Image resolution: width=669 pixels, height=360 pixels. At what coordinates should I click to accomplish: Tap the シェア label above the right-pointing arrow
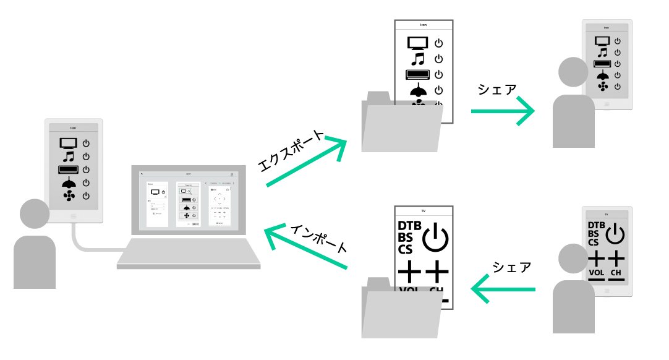point(496,89)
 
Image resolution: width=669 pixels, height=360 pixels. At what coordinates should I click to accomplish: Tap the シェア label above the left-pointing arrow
point(511,267)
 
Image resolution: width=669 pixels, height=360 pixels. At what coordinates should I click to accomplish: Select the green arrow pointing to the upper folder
point(307,161)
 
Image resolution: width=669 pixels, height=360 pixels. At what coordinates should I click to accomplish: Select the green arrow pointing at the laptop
point(305,248)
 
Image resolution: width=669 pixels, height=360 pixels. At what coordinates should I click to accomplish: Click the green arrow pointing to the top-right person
point(502,111)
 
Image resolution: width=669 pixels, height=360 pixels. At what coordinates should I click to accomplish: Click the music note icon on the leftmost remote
point(68,156)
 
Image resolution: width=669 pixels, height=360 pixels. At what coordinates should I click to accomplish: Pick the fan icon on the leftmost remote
point(68,196)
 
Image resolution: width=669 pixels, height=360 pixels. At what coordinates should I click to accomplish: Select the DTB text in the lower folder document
point(409,226)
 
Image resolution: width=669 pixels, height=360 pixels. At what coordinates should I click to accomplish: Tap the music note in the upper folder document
point(419,59)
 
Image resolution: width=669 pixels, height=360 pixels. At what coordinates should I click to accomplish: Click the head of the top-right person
point(573,72)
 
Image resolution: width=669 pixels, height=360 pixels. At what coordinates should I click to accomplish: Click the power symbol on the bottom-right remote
point(616,235)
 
